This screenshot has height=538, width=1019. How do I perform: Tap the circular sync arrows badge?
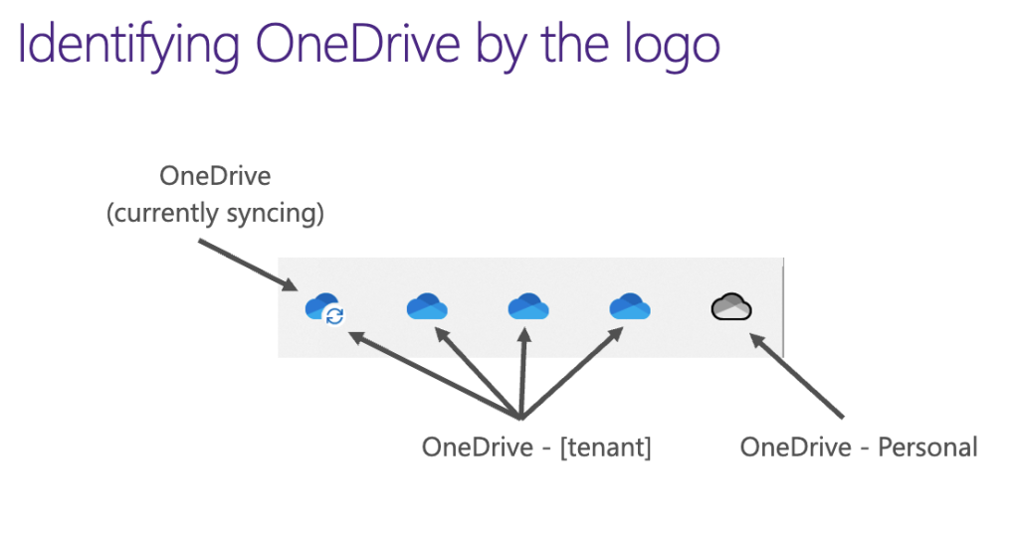[335, 316]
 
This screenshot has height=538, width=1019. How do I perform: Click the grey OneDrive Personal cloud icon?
[731, 307]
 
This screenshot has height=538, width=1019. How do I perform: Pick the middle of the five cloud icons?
[528, 307]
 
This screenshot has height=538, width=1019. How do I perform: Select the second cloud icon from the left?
[427, 307]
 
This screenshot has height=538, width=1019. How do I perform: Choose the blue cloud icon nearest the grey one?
[630, 307]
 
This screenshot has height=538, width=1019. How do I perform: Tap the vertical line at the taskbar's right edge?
[783, 307]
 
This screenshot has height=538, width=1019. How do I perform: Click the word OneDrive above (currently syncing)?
[215, 176]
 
